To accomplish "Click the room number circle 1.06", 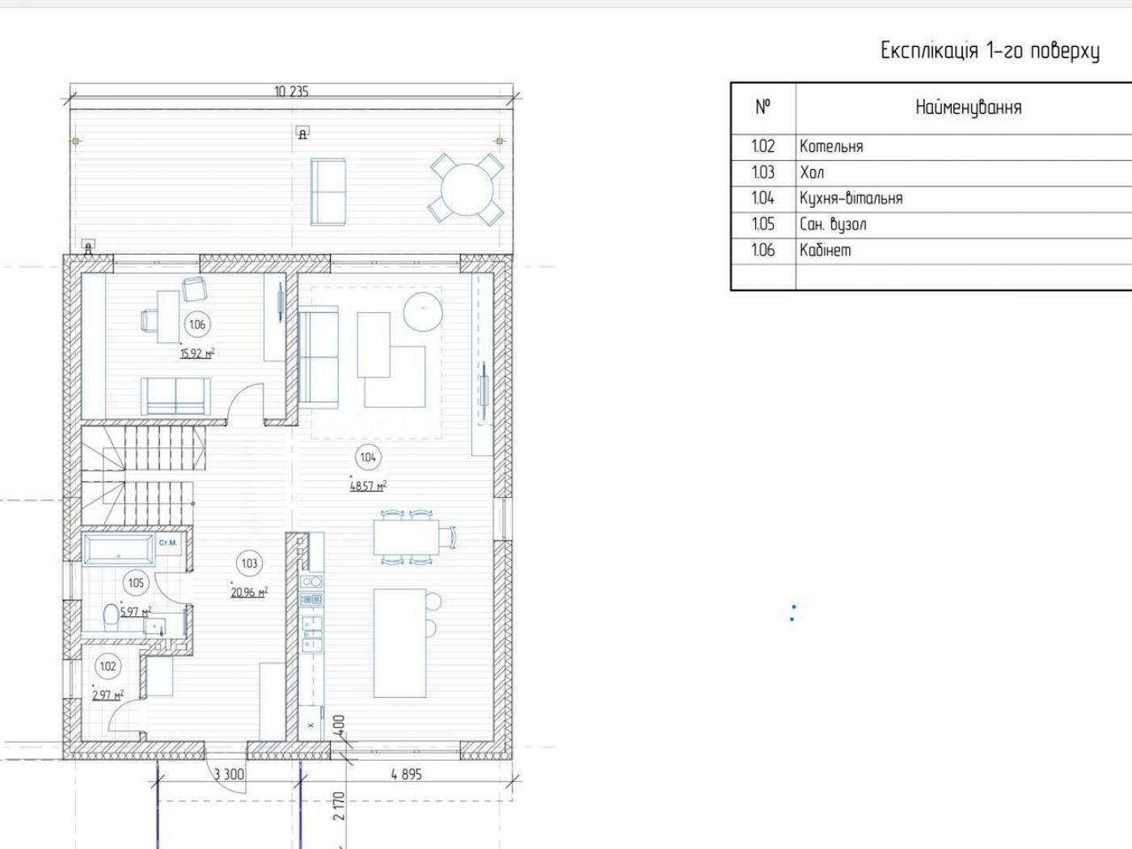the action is (x=197, y=324).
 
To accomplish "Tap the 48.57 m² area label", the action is (x=368, y=486).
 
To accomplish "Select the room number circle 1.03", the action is (x=249, y=564).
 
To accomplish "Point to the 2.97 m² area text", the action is (x=108, y=695).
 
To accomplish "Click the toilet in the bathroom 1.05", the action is (x=111, y=617).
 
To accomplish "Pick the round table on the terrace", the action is (x=467, y=188).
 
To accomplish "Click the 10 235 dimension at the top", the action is (x=291, y=91).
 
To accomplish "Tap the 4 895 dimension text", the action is (x=407, y=775).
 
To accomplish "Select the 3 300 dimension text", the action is (x=229, y=775).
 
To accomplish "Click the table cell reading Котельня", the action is (x=831, y=146).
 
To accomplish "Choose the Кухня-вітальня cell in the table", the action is (x=851, y=198).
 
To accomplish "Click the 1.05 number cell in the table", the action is (x=762, y=224).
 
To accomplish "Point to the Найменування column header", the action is (x=969, y=108).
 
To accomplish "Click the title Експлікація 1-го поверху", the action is (x=990, y=51).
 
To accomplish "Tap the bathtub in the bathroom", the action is (x=119, y=550).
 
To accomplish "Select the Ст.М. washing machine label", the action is (x=168, y=543).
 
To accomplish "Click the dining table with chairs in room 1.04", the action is (x=412, y=537).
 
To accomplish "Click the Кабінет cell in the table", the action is (x=826, y=251).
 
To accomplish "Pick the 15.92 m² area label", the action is (x=197, y=353).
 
